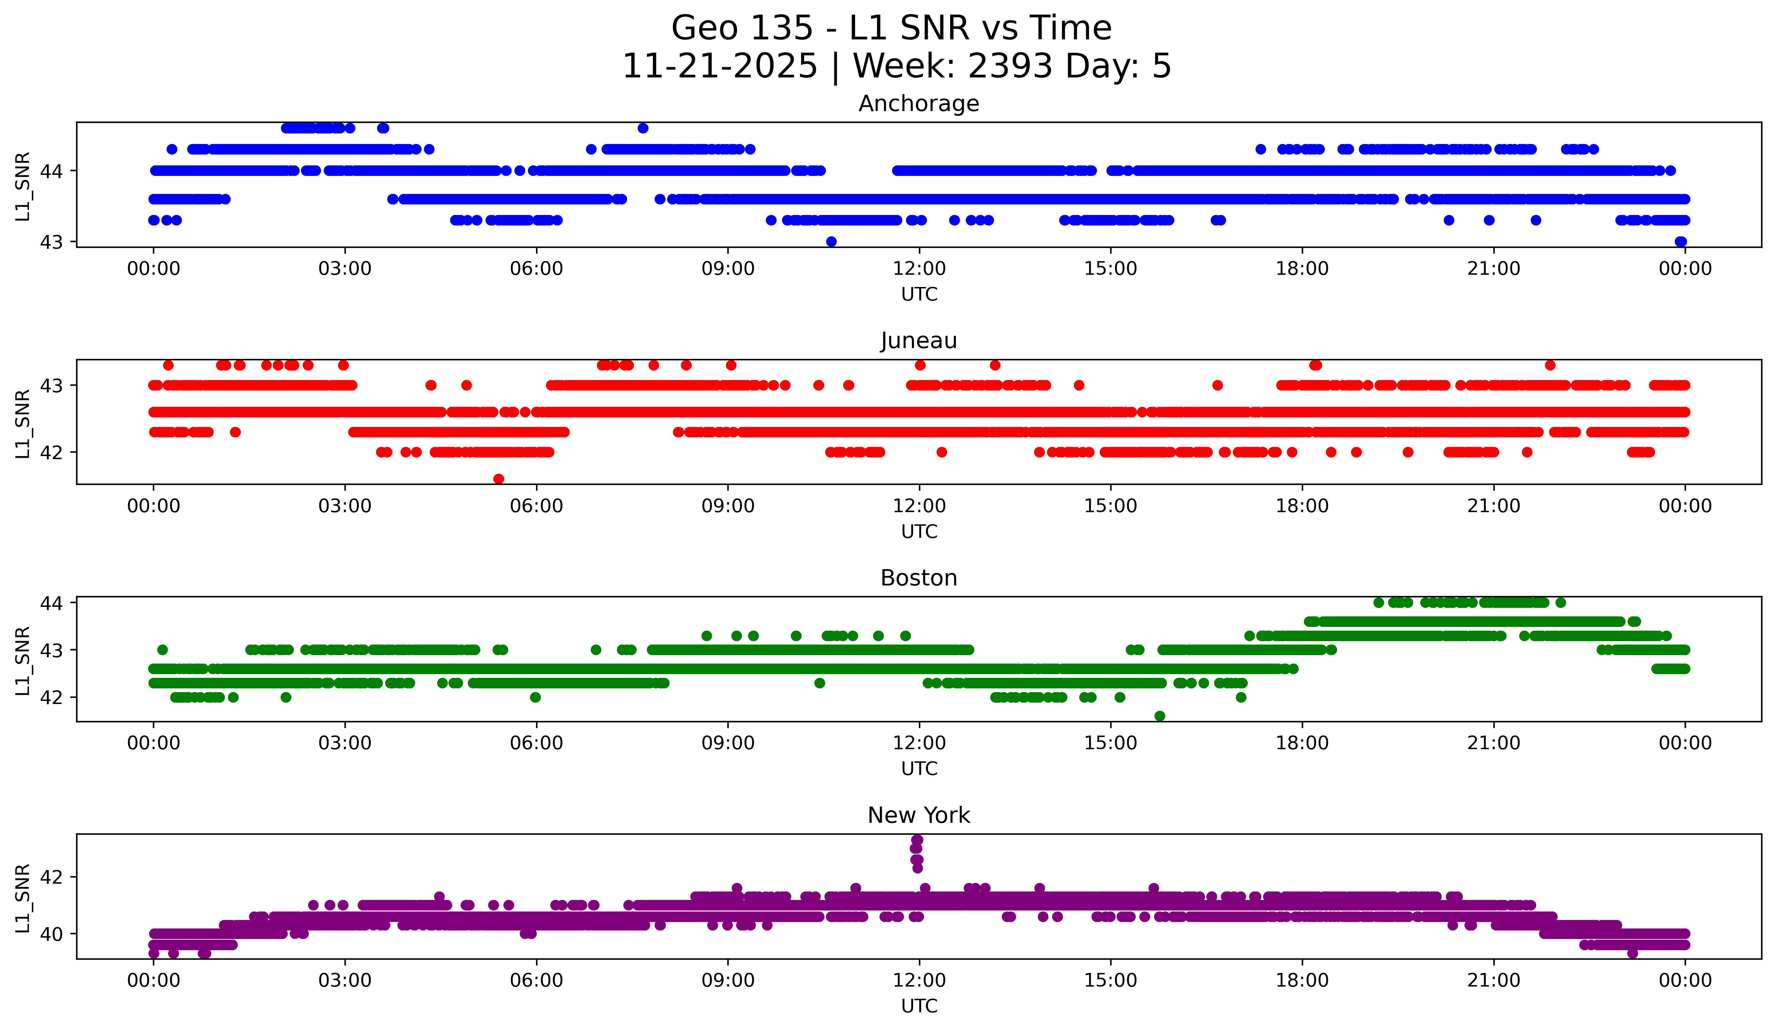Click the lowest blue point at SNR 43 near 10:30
(x=831, y=241)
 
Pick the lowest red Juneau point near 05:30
(x=499, y=479)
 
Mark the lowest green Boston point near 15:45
(x=1159, y=716)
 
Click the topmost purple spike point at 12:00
(x=917, y=840)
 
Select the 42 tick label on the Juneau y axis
(x=51, y=452)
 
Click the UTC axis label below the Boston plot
(x=919, y=769)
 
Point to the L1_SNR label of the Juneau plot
(x=22, y=423)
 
